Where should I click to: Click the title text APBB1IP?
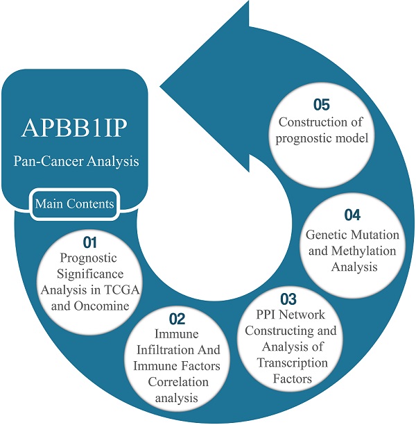77,131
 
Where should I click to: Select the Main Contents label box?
76,204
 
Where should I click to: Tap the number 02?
177,319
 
